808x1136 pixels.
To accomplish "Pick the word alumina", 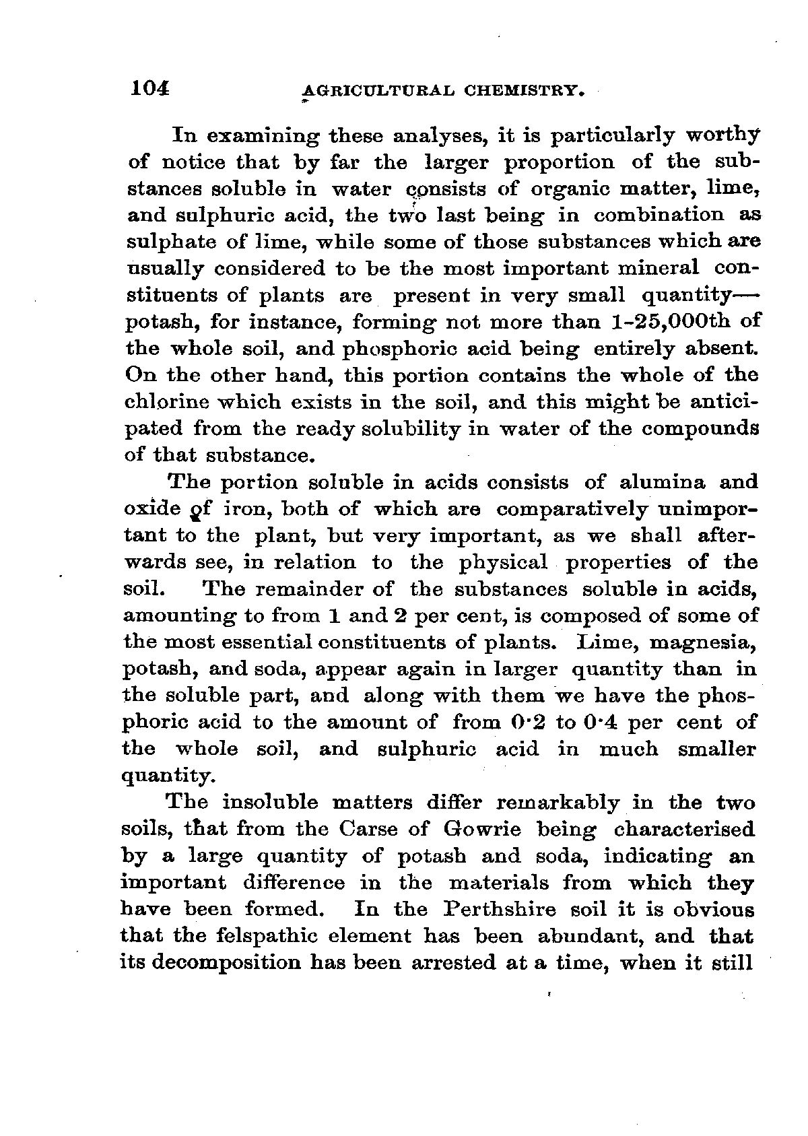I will point(661,482).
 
